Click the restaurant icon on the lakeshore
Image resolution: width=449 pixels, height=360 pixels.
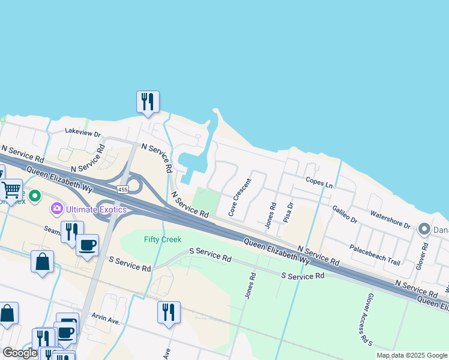tap(148, 101)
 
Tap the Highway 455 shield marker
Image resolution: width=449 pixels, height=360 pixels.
tap(123, 190)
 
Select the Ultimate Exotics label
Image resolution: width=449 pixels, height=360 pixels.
tap(97, 209)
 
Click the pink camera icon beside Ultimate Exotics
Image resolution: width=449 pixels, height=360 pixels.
tap(57, 209)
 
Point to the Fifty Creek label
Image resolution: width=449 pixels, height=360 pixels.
tap(163, 239)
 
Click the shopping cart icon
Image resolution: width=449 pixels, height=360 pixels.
tap(11, 190)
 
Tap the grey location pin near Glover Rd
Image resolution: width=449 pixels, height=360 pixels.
tap(424, 229)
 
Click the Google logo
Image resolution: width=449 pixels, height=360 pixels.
tap(20, 353)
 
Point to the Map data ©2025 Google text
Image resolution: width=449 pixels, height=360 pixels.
tap(411, 355)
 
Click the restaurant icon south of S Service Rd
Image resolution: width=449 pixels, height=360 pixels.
tap(169, 312)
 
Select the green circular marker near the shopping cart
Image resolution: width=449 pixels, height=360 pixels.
tap(35, 196)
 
